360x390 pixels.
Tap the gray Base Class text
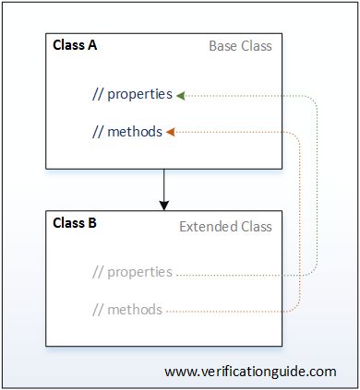[x=240, y=45]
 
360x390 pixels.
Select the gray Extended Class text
[x=225, y=227]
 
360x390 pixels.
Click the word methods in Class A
[x=136, y=132]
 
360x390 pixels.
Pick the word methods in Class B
[x=136, y=309]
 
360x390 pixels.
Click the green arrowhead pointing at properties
[x=180, y=95]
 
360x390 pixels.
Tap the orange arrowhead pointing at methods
[x=171, y=132]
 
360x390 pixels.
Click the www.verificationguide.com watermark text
[x=250, y=372]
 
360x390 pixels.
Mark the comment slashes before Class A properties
[x=98, y=95]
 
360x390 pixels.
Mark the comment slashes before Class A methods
[x=98, y=132]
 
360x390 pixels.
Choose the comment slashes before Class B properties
[x=98, y=272]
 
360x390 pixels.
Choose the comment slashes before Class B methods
[x=98, y=309]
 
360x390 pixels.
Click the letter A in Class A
[x=92, y=44]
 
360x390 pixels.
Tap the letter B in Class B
[x=92, y=223]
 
